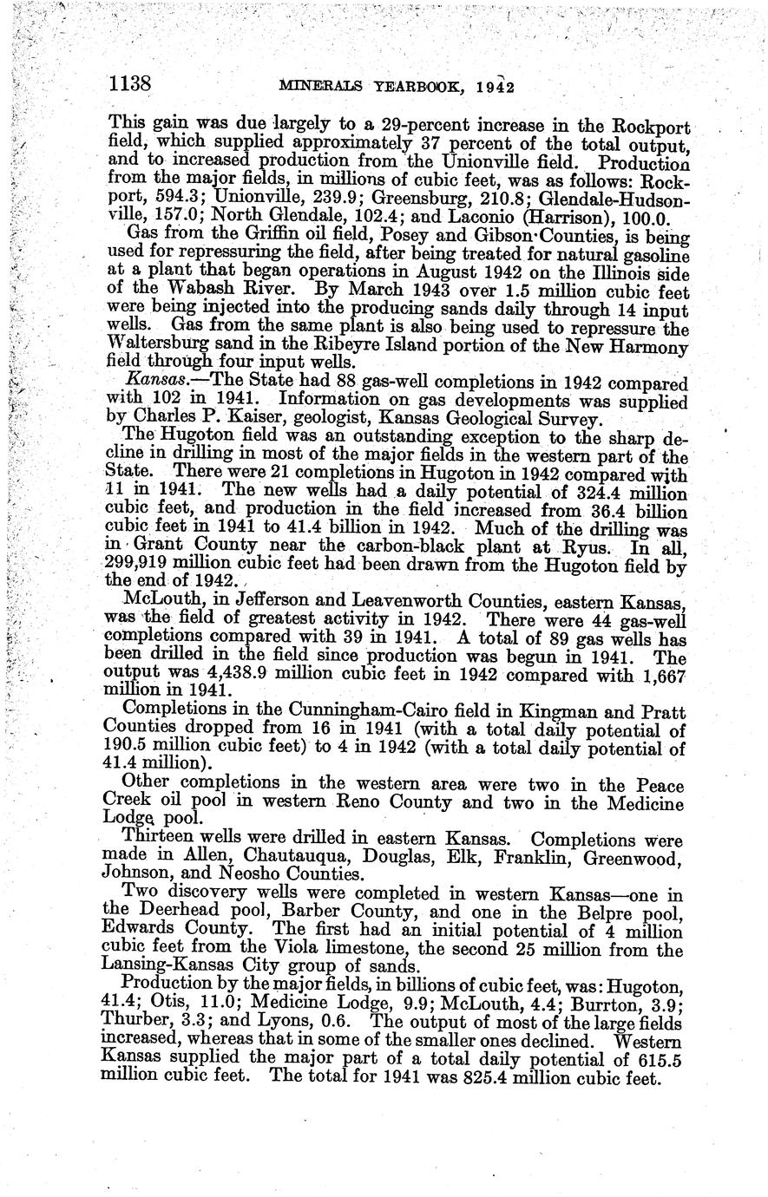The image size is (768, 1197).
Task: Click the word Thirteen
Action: point(158,840)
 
